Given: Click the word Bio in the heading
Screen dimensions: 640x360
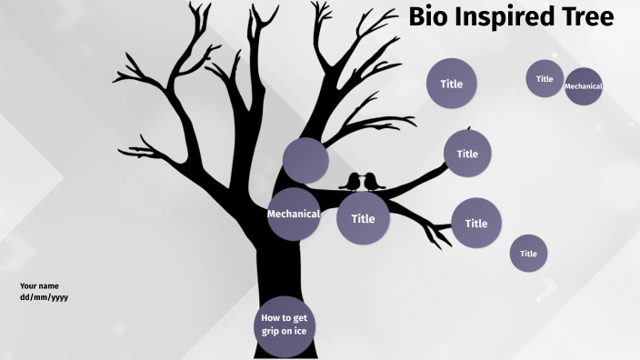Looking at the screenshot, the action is (430, 16).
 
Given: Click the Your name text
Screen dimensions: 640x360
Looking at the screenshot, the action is (39, 285).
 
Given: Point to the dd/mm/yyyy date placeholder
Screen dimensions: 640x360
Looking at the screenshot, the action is (44, 297).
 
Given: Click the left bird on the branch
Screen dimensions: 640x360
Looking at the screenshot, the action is (350, 182).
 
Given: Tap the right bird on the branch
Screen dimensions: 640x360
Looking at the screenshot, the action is (373, 182).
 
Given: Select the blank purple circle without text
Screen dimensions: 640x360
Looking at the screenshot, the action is (305, 161).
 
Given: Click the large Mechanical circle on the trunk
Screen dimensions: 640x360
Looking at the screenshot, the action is (293, 215).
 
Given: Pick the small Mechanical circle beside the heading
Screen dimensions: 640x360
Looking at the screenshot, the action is (584, 86).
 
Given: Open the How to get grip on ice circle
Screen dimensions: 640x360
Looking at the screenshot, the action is (284, 325).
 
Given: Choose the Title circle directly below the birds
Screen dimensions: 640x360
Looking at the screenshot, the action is (363, 219).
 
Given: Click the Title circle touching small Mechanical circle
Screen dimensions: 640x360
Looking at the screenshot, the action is (545, 79).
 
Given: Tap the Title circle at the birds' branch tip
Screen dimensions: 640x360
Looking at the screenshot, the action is (467, 154).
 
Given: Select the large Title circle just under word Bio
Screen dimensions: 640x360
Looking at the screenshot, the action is (452, 84).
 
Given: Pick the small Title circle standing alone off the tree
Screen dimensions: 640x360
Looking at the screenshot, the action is (528, 254).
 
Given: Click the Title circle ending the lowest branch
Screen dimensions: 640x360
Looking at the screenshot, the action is (476, 223).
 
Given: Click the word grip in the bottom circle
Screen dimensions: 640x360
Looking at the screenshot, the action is (270, 331).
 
